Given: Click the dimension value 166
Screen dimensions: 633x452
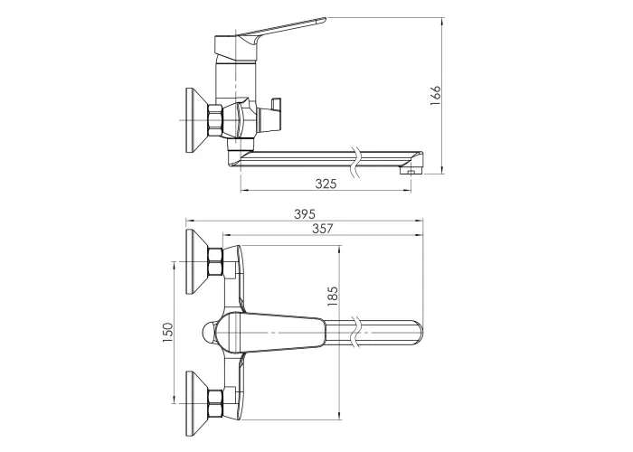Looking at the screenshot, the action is [x=436, y=96].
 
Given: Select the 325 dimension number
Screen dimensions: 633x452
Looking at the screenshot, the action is [x=326, y=184].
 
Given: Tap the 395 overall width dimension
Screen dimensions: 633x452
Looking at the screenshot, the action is [x=305, y=214].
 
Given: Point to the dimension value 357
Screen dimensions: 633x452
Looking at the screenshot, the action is [x=323, y=229].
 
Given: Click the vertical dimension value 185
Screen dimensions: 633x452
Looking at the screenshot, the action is [x=332, y=296].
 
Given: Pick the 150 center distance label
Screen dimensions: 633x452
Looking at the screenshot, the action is [x=167, y=332].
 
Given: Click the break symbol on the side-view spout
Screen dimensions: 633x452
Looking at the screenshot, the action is [x=356, y=162].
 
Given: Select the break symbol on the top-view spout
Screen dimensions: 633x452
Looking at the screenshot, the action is [x=356, y=332].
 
